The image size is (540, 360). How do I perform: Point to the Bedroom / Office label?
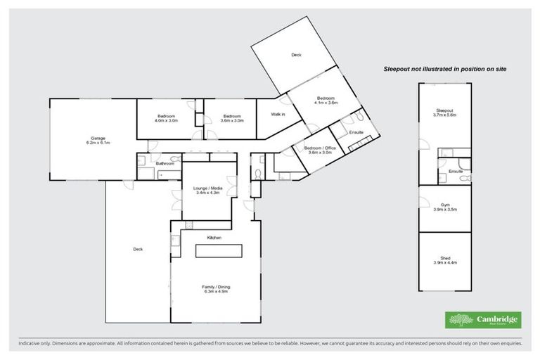pos(320,149)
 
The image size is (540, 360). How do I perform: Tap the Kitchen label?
pos(214,238)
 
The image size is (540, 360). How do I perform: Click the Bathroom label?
pos(165,164)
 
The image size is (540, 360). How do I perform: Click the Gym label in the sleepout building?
pos(444,205)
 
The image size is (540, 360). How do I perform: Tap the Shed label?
pos(444,259)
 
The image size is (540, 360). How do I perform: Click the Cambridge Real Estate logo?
pos(483,320)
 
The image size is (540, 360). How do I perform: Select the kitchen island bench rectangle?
pos(217,250)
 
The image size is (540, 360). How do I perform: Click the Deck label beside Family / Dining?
pos(138,248)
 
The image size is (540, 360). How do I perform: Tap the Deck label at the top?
pos(295,55)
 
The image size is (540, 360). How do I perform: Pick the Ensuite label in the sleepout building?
pos(445,171)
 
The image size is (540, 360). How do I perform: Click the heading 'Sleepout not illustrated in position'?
pos(444,69)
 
